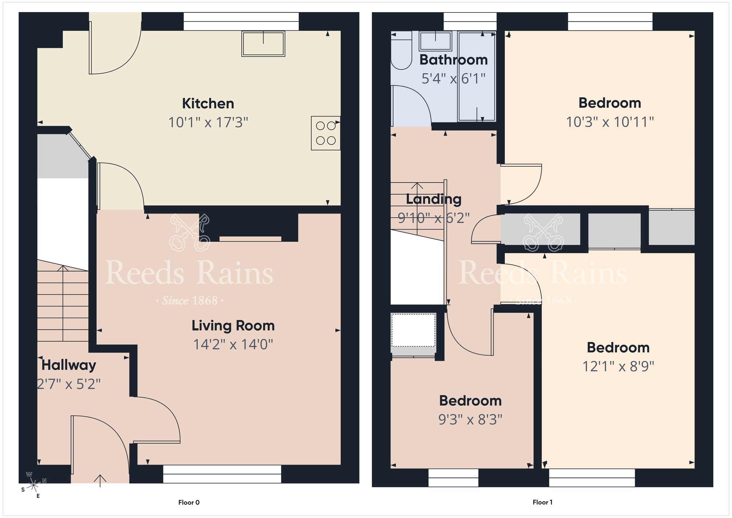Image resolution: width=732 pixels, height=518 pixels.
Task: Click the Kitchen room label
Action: click(208, 104)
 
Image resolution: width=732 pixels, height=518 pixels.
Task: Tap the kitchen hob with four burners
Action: click(325, 133)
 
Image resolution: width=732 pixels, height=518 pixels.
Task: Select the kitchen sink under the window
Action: click(263, 44)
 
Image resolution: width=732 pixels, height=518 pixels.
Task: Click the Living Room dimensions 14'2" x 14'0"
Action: click(233, 344)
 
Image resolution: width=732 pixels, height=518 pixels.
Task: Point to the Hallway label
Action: click(69, 365)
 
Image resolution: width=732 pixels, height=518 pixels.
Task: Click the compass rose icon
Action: click(33, 485)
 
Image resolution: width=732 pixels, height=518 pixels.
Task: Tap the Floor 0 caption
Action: click(189, 502)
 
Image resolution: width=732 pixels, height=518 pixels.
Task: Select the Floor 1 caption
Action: click(542, 502)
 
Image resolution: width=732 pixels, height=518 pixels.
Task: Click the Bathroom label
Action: click(453, 60)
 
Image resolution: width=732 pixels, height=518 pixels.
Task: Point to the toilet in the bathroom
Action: click(401, 55)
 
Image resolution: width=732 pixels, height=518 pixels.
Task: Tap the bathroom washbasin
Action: click(435, 41)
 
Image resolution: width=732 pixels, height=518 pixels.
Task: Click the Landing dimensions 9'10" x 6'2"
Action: click(433, 218)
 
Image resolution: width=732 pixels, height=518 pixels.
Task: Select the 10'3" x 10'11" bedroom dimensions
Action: click(610, 122)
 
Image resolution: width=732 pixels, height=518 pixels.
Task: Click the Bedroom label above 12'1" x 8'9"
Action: click(618, 347)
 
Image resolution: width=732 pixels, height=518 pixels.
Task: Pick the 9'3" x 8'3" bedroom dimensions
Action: click(470, 419)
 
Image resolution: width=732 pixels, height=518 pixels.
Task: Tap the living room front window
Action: click(222, 474)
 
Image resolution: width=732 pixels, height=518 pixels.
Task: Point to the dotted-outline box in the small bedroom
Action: click(413, 330)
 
